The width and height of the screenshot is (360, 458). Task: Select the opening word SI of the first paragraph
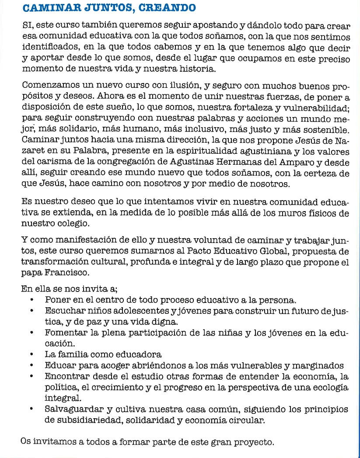27,26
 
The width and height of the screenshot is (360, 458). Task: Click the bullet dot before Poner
32,301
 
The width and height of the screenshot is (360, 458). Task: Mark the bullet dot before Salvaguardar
32,410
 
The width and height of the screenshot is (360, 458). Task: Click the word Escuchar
64,311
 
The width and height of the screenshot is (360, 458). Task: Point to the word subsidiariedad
81,421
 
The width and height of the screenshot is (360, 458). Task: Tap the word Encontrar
66,376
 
